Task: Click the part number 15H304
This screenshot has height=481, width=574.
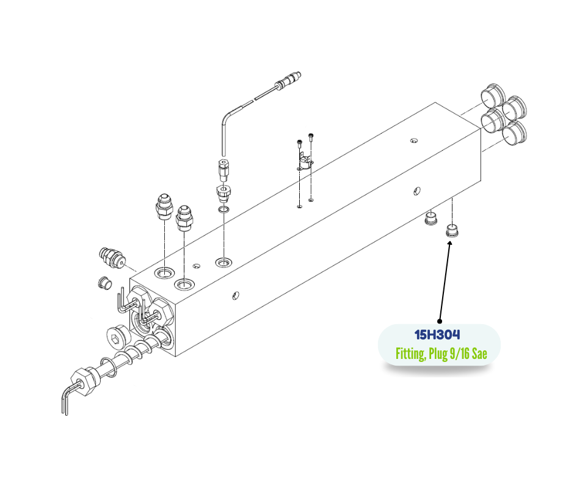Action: click(x=437, y=335)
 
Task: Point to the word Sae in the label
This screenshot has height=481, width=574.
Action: click(x=479, y=354)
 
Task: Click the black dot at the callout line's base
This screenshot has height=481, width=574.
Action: click(x=440, y=322)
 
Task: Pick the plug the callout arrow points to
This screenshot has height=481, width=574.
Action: click(x=452, y=231)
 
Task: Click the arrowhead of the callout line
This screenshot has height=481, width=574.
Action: click(x=449, y=243)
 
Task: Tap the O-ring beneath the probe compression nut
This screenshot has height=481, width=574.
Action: click(x=223, y=210)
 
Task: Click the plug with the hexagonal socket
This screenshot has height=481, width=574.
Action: click(x=118, y=336)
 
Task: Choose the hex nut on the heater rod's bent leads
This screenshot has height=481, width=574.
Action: click(x=85, y=381)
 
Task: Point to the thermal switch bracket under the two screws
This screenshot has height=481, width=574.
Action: click(x=304, y=164)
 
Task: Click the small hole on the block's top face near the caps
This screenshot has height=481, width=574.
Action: click(x=413, y=140)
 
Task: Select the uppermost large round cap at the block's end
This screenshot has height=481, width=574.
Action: click(x=493, y=96)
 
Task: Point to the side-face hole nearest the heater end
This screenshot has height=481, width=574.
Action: click(x=236, y=295)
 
